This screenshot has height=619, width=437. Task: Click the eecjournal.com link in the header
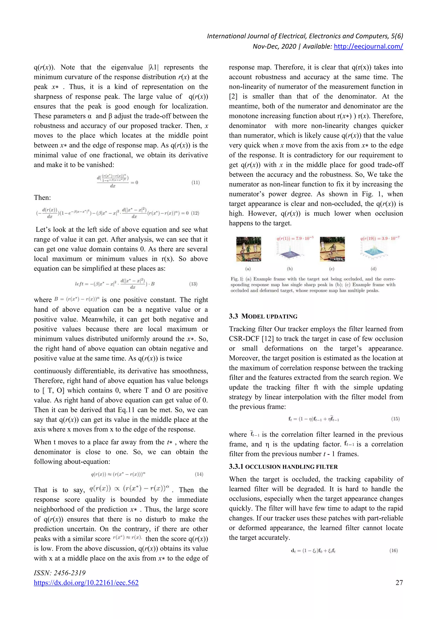coord(368,46)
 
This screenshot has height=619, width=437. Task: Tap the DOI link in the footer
coord(86,583)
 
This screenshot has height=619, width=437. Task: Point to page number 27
coord(399,583)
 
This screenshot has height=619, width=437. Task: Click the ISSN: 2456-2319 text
coord(60,573)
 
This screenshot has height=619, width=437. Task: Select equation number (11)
coord(195,182)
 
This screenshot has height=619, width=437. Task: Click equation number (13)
coord(193,284)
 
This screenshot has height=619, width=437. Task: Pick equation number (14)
coord(199,474)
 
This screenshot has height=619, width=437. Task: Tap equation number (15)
coord(395,419)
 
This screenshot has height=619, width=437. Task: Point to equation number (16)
coord(393,550)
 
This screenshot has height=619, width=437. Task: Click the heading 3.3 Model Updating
coord(263,316)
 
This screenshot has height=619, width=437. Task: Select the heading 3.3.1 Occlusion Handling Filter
coord(283,467)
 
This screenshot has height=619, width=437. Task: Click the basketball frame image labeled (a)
coord(249,249)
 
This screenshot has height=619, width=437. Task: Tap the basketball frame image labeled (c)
coord(332,249)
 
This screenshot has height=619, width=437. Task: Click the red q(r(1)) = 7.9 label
coord(295,238)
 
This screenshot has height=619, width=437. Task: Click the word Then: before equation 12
coord(42,198)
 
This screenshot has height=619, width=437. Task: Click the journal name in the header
coord(305,36)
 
